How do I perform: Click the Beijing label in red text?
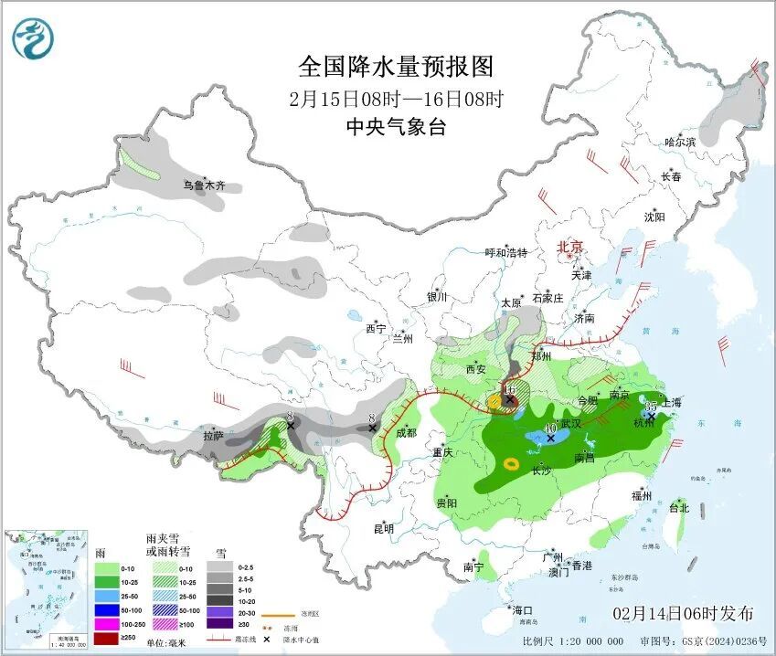coord(570,247)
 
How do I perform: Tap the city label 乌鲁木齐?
coord(204,185)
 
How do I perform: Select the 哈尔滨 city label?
coord(680,142)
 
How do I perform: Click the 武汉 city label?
coord(571,424)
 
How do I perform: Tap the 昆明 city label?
coord(383,529)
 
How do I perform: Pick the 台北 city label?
coord(677,507)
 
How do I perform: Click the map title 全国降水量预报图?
coord(396,67)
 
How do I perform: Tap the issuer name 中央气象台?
coord(396,127)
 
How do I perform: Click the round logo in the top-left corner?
coord(33,38)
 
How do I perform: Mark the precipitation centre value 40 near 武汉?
coord(550,428)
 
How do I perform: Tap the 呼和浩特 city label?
coord(505,253)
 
